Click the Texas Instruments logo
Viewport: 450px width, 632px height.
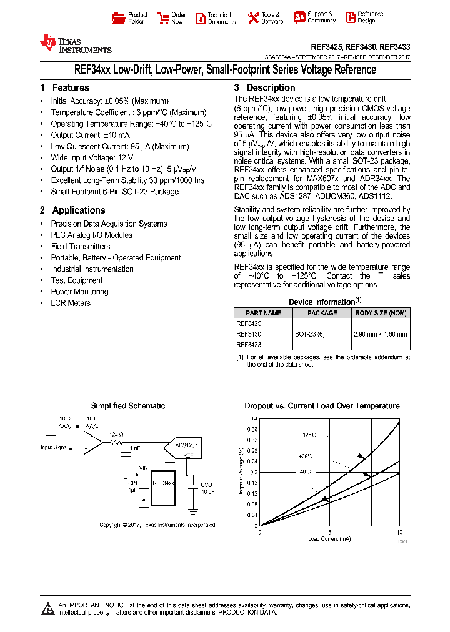(75, 44)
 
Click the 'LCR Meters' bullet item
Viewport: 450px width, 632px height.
(71, 303)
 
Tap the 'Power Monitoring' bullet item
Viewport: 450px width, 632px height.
(79, 292)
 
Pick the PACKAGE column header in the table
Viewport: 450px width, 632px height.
(322, 313)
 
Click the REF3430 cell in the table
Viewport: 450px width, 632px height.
(249, 334)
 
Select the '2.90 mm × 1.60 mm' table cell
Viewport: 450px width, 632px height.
(381, 334)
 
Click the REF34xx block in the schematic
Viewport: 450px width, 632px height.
(163, 483)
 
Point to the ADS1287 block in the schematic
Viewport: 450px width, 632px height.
(186, 446)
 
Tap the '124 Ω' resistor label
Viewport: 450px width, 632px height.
(116, 434)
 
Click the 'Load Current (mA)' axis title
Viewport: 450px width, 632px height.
(329, 538)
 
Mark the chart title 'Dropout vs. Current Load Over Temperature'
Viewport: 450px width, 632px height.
(322, 406)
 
